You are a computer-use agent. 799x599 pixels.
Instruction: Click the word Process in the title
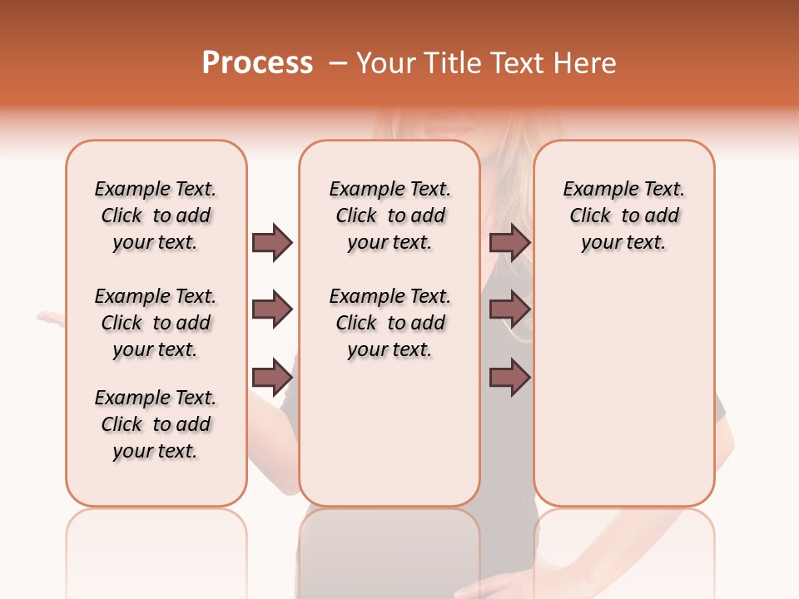[x=257, y=63]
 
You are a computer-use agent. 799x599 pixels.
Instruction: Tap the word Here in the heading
[x=586, y=63]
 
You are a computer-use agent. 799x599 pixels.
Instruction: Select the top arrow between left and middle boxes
[x=272, y=242]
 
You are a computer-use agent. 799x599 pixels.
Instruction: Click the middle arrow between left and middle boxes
[x=272, y=310]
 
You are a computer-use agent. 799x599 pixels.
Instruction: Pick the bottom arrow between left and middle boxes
[x=272, y=377]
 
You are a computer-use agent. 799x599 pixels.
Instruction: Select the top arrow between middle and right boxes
[x=509, y=242]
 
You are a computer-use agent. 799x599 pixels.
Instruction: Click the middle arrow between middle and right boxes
[x=509, y=310]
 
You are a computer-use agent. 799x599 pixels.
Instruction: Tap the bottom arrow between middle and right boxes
[x=509, y=377]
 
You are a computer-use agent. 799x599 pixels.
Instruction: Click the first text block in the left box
[x=156, y=215]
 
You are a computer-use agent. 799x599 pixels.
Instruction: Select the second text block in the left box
[x=156, y=323]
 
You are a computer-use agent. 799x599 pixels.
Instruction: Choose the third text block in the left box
[x=156, y=424]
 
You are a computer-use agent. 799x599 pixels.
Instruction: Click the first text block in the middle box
[x=390, y=215]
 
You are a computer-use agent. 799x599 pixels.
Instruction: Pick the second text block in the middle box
[x=390, y=323]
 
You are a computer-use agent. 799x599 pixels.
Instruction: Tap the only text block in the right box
[x=623, y=215]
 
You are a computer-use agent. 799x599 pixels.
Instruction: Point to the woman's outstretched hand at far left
[x=50, y=317]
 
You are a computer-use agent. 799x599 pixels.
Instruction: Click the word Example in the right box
[x=594, y=190]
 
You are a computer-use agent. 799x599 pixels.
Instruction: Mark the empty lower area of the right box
[x=623, y=391]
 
